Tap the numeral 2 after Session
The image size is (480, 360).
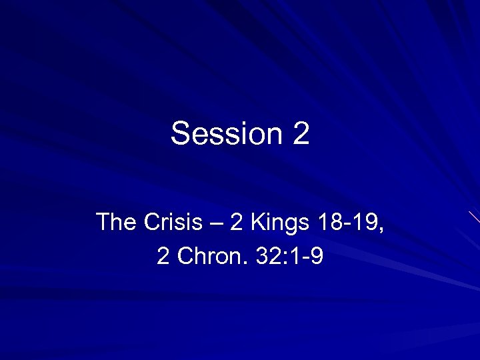[301, 133]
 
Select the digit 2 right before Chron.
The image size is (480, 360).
[163, 257]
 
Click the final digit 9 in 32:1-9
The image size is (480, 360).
[317, 257]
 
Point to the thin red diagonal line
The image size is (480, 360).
[474, 217]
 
